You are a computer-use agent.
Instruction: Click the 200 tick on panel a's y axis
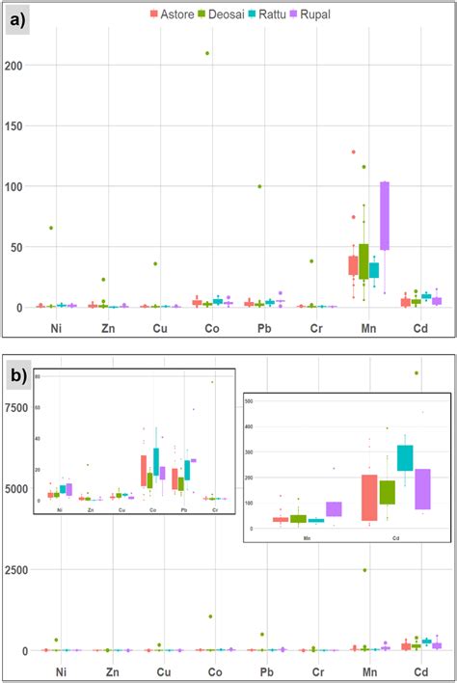point(14,66)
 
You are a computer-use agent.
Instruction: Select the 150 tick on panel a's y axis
point(14,125)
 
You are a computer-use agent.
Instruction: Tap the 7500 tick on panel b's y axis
point(16,407)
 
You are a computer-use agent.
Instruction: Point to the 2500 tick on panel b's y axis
point(16,570)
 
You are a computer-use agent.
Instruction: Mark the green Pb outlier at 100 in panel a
point(260,186)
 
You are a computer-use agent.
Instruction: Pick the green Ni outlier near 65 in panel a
point(51,228)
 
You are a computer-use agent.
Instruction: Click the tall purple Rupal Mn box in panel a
point(384,215)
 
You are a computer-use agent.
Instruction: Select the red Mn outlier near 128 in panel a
point(354,152)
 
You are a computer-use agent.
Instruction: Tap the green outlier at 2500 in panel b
point(364,570)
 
